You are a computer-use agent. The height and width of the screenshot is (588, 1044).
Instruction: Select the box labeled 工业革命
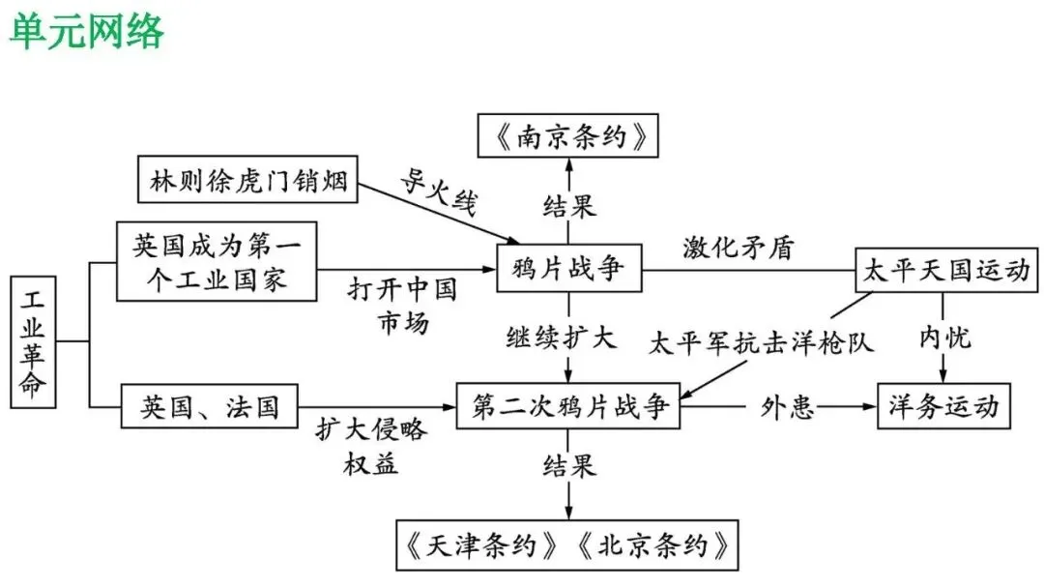pyautogui.click(x=32, y=339)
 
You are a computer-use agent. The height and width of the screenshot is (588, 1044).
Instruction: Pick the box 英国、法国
pyautogui.click(x=209, y=406)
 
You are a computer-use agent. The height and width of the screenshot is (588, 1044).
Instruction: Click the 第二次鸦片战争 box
pyautogui.click(x=569, y=406)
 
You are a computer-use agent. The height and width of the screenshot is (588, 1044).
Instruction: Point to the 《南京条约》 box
pyautogui.click(x=568, y=135)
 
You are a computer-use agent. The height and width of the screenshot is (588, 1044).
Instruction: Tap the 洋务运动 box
pyautogui.click(x=943, y=406)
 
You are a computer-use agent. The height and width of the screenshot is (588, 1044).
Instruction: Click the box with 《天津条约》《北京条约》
pyautogui.click(x=567, y=545)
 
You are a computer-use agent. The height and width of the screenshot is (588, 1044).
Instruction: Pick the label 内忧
pyautogui.click(x=944, y=338)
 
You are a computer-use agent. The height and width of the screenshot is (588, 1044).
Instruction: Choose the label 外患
pyautogui.click(x=786, y=407)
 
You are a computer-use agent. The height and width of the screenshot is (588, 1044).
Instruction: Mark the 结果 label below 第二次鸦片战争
pyautogui.click(x=568, y=467)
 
